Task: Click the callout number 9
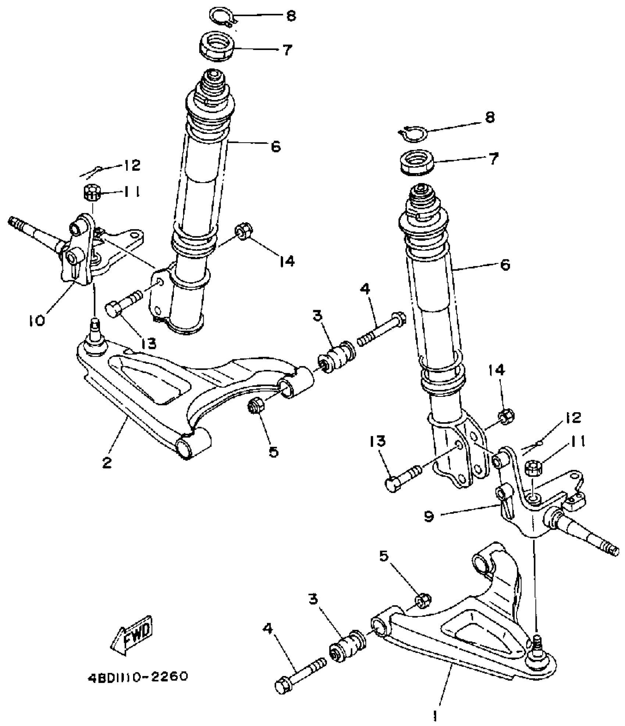tap(429, 516)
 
